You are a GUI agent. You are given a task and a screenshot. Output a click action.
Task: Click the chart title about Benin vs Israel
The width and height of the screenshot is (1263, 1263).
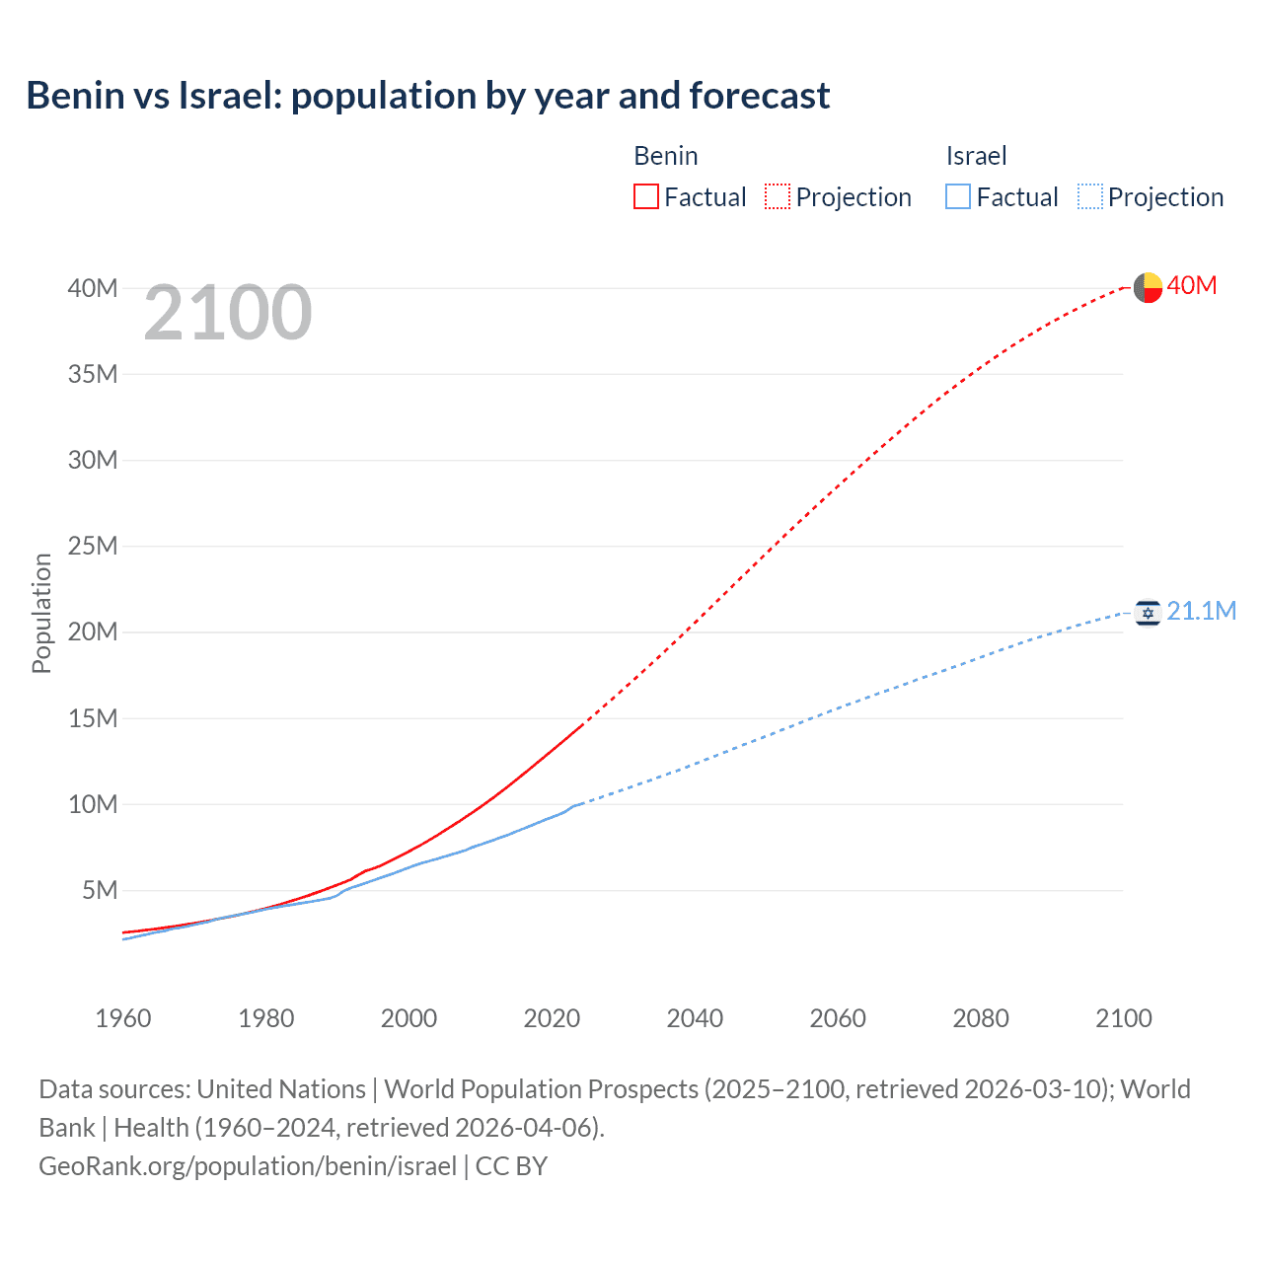point(427,96)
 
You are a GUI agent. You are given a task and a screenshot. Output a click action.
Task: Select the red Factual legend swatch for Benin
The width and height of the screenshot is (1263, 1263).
point(645,196)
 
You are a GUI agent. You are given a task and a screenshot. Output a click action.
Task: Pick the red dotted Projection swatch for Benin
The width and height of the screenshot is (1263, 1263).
point(777,196)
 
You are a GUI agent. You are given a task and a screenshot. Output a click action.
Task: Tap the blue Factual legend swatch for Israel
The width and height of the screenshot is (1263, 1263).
point(957,196)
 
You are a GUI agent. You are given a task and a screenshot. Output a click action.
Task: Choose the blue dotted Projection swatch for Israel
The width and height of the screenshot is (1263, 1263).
point(1089,196)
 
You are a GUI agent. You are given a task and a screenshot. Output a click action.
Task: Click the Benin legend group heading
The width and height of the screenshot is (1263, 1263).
point(665,156)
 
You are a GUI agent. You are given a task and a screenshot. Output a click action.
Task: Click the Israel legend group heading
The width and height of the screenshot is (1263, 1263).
point(976,156)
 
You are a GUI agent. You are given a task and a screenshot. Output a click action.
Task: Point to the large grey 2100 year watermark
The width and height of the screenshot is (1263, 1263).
point(228,313)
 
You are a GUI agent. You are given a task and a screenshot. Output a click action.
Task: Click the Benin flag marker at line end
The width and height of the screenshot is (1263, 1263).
point(1148,287)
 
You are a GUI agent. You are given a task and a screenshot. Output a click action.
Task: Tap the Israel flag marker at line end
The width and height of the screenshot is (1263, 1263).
point(1148,613)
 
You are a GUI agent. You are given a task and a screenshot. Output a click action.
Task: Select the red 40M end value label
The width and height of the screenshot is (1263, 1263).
point(1191,285)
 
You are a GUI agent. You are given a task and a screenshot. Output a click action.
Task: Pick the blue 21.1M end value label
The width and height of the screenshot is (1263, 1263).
point(1201,611)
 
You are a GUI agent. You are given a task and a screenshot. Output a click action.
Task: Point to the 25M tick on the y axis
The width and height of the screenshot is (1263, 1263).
point(93,546)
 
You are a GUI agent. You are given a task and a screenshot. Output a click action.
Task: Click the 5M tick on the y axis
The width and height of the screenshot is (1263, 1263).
point(100,890)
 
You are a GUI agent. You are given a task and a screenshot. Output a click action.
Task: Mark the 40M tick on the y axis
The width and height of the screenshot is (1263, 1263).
point(93,288)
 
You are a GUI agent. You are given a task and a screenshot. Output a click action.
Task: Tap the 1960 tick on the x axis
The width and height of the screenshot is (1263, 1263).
point(123,1018)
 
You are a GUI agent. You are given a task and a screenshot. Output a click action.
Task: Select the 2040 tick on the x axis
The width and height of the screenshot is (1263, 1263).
point(695,1018)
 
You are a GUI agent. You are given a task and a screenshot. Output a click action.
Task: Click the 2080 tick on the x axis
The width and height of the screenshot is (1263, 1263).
point(981,1018)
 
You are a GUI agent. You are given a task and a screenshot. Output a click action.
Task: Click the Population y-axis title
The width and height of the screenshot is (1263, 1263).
point(41,613)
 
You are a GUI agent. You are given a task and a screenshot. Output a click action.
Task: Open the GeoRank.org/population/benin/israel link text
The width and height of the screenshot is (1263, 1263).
point(248,1166)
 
